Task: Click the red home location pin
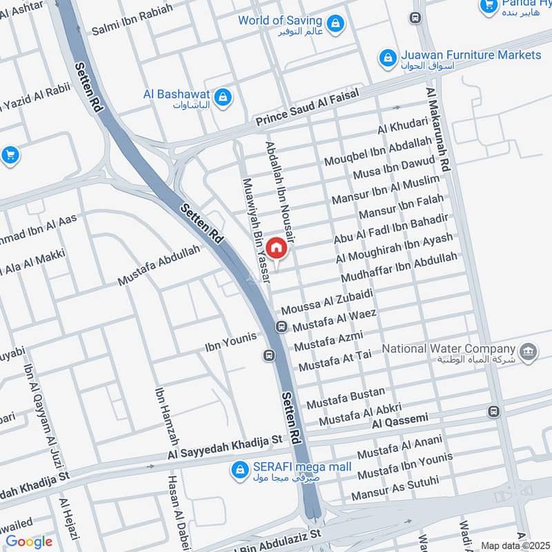(275, 247)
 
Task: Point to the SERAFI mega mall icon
(239, 470)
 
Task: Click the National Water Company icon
(529, 351)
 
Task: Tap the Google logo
(29, 542)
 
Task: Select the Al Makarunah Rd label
(440, 130)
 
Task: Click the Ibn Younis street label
(230, 338)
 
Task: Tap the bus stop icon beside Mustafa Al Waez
(282, 326)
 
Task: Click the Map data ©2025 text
(513, 545)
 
